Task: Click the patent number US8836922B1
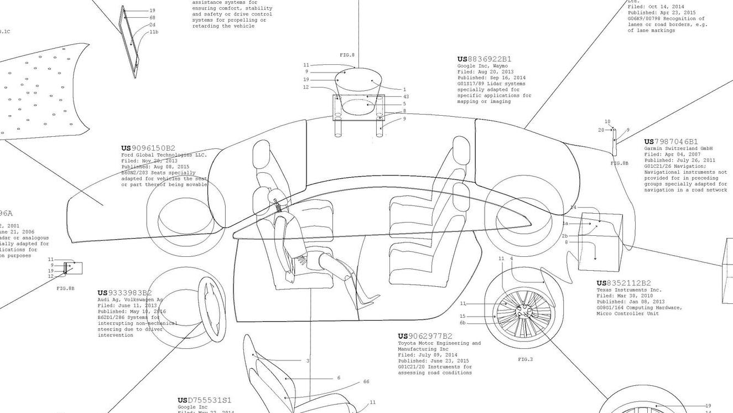point(484,59)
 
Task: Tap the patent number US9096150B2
point(148,148)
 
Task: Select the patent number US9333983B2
point(124,293)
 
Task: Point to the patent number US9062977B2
point(425,336)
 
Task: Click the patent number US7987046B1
point(671,142)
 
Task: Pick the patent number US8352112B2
point(623,283)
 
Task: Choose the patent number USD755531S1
point(204,400)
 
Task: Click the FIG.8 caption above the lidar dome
point(347,55)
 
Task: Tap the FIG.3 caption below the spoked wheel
point(525,360)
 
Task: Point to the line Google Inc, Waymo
point(482,66)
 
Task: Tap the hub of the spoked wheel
point(523,312)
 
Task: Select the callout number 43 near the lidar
point(406,97)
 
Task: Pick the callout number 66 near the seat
point(366,382)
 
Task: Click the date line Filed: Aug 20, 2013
point(485,72)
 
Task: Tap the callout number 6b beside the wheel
point(462,323)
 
